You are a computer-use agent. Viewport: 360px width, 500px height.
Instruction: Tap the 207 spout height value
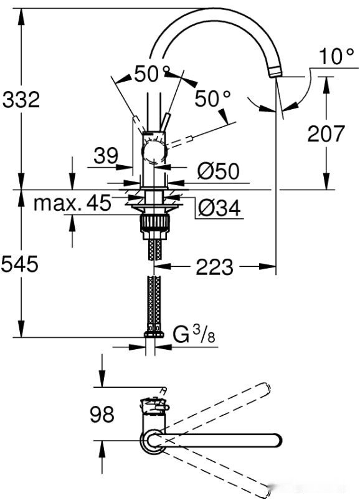[x=325, y=133]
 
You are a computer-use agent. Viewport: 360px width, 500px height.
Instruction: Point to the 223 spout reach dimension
[x=214, y=267]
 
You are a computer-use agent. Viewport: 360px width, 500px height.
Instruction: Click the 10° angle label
[x=337, y=57]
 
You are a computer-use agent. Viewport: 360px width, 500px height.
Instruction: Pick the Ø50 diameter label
[x=217, y=171]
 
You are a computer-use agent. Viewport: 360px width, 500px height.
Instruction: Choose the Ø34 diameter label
[x=219, y=208]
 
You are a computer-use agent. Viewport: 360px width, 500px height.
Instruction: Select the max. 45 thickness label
[x=72, y=203]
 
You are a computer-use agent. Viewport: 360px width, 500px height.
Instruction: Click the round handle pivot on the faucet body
[x=153, y=151]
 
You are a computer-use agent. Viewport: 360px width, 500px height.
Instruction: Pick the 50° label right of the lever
[x=212, y=98]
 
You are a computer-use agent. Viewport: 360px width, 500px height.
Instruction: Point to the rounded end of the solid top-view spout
[x=278, y=441]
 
